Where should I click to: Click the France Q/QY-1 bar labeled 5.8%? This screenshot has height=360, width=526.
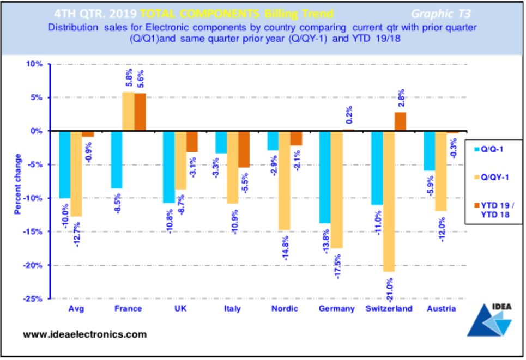tap(128, 112)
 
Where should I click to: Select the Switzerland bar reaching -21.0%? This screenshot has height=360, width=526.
tap(388, 201)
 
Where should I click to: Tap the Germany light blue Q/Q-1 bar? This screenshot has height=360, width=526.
tap(325, 177)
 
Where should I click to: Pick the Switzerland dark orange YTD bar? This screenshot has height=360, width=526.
tap(400, 121)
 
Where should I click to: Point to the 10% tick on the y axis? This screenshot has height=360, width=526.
tap(34, 64)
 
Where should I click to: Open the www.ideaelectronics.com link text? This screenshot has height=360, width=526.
tap(84, 334)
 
